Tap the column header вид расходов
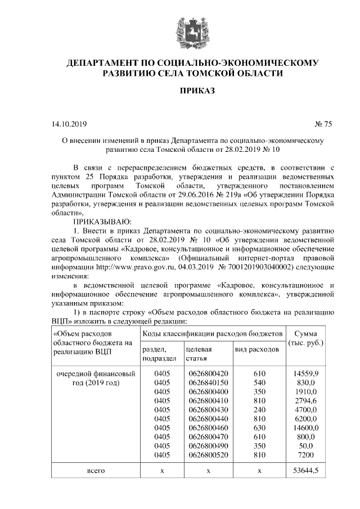(256, 350)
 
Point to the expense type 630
(259, 428)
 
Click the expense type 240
(259, 409)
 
